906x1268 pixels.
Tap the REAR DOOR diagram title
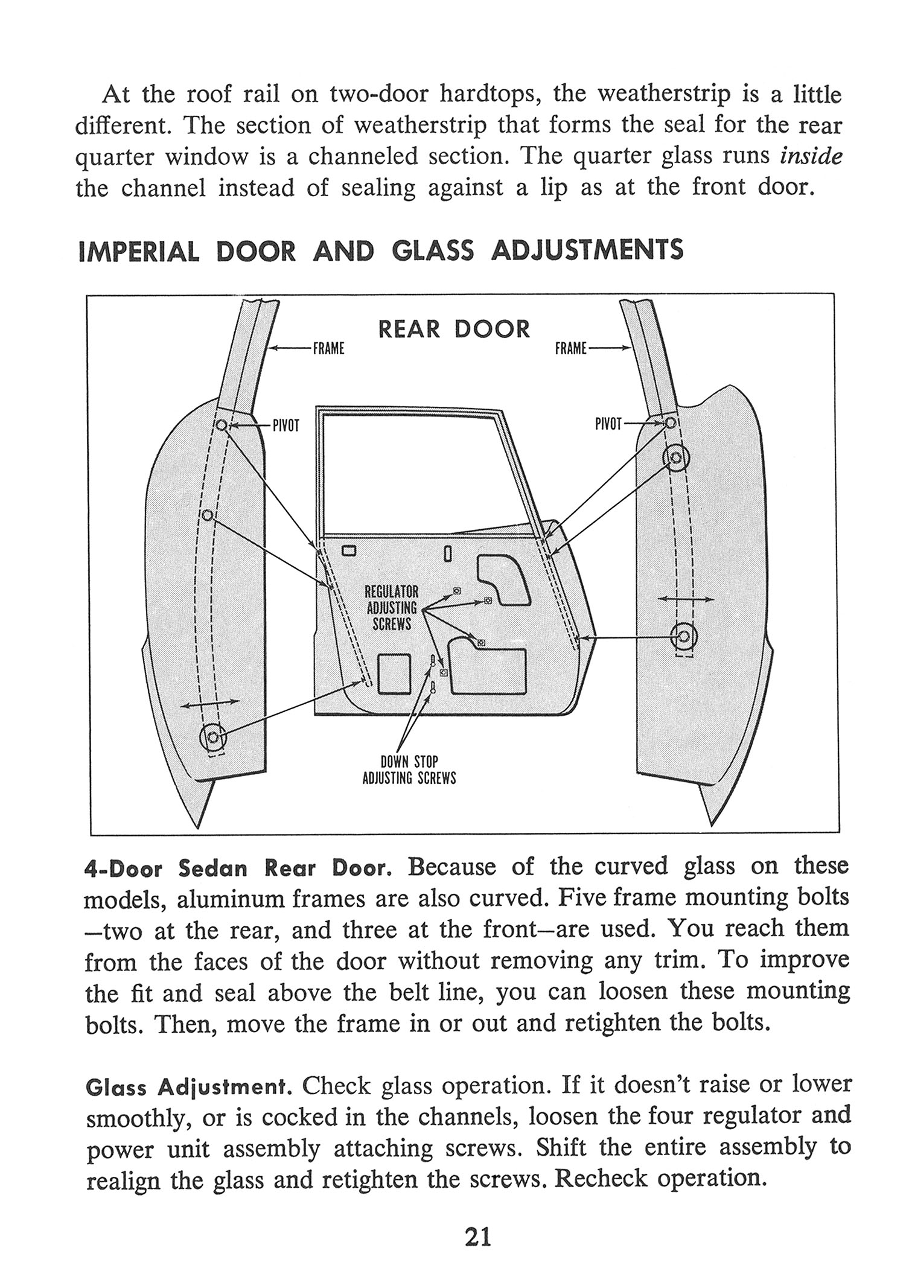point(454,330)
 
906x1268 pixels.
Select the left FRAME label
point(328,348)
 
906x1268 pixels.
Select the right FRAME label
point(571,348)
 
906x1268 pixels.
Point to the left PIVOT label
point(286,425)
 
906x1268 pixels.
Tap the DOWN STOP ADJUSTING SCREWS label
point(409,770)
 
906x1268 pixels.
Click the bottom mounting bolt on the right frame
point(684,636)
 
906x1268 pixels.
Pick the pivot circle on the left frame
point(222,425)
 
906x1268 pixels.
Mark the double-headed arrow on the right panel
point(685,599)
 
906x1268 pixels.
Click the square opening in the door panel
point(394,674)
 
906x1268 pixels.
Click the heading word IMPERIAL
point(139,251)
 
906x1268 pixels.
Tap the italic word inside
point(811,156)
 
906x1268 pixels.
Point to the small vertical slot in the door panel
point(447,553)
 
